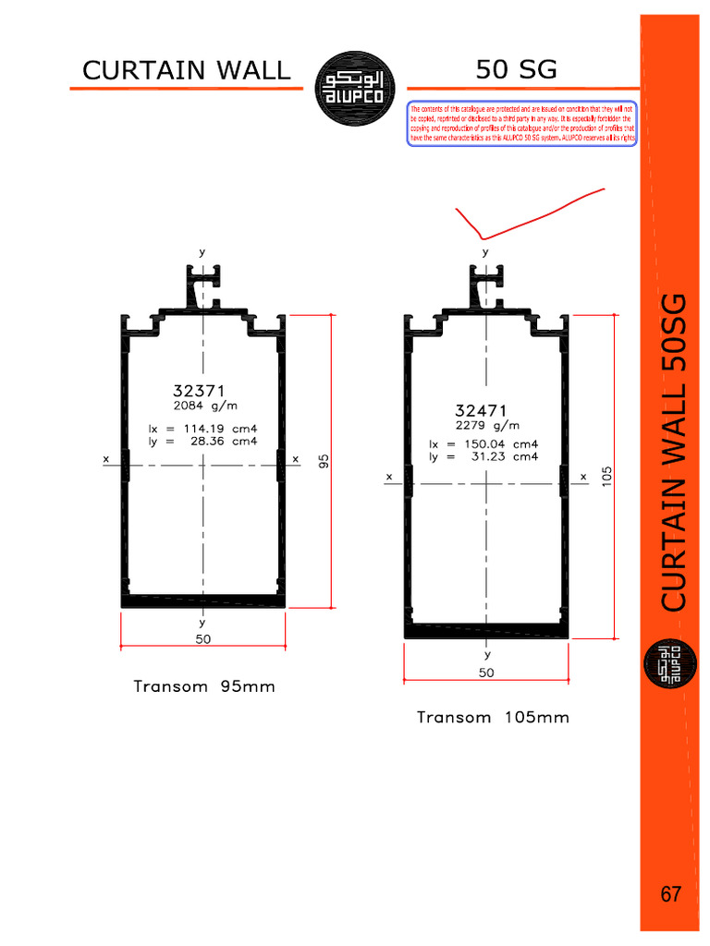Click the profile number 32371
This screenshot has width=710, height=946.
[199, 391]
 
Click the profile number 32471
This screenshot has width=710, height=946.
[482, 410]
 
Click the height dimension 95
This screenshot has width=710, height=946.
[324, 460]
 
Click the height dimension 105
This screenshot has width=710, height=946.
[606, 475]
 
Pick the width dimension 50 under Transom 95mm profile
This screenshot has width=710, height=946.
[202, 638]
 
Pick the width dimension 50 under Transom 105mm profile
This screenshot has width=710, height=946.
[486, 673]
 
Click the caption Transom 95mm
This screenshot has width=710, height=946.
[204, 686]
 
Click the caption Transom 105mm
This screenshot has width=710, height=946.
[493, 717]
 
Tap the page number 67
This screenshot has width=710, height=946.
[671, 894]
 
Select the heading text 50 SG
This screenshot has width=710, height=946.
[517, 69]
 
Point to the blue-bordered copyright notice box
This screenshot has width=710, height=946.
[521, 124]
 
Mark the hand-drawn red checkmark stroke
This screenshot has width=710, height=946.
[518, 216]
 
